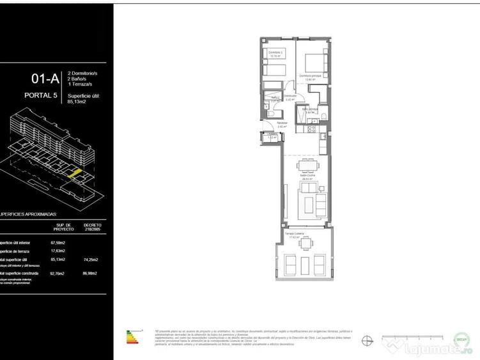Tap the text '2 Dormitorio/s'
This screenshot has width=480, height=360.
[x=82, y=74]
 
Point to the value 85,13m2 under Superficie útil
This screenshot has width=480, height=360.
[x=78, y=102]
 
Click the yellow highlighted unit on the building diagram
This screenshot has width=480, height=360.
[x=75, y=173]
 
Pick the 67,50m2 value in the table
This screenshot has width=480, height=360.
[x=58, y=243]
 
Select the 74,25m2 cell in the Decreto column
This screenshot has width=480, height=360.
[x=91, y=260]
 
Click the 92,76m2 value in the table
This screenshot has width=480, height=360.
[x=58, y=274]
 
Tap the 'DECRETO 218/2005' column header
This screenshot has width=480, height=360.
[x=92, y=228]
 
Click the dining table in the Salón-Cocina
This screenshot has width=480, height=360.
[x=306, y=168]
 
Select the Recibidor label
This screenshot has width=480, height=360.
[x=282, y=123]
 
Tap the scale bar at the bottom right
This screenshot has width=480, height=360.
[x=412, y=338]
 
